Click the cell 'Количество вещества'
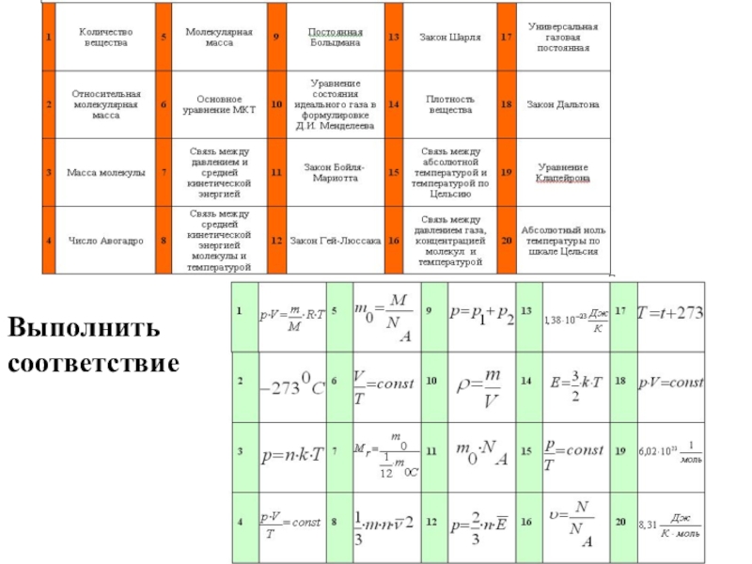pyautogui.click(x=105, y=38)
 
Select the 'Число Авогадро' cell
pyautogui.click(x=105, y=242)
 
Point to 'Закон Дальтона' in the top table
pyautogui.click(x=562, y=104)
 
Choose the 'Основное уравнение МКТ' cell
pyautogui.click(x=219, y=104)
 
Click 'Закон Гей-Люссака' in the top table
pyautogui.click(x=337, y=242)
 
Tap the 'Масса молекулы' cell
pyautogui.click(x=105, y=173)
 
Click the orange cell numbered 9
pyautogui.click(x=276, y=38)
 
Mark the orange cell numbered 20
pyautogui.click(x=506, y=242)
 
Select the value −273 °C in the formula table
pyautogui.click(x=291, y=384)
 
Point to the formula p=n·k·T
pyautogui.click(x=291, y=454)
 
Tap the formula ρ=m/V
pyautogui.click(x=480, y=384)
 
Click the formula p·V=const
pyautogui.click(x=670, y=384)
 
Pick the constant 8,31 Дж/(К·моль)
pyautogui.click(x=670, y=524)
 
